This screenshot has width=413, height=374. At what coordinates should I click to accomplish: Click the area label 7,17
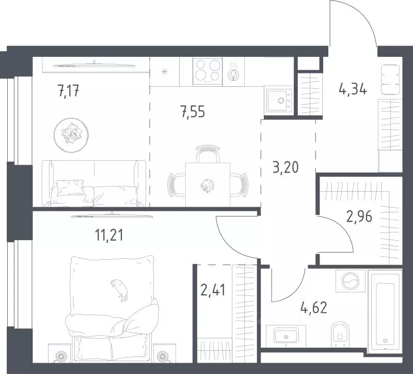point(68,91)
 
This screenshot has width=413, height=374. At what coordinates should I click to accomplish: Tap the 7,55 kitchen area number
point(193,112)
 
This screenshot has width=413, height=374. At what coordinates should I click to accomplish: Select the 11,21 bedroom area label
point(109,235)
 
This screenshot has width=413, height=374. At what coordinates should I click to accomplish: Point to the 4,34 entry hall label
point(353,89)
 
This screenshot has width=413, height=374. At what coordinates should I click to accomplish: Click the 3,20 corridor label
point(286,167)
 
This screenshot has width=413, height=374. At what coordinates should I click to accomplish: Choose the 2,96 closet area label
point(359,216)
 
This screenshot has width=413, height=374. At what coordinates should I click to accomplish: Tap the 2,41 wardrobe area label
point(213,290)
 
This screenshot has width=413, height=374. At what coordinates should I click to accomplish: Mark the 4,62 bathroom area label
point(314,307)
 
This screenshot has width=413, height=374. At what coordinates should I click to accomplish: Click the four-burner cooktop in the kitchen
point(208,72)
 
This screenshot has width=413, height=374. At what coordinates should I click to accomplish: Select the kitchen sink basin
point(279,101)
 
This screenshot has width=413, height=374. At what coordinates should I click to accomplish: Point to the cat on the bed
point(120,290)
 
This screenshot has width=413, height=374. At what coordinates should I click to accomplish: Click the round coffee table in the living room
point(71,135)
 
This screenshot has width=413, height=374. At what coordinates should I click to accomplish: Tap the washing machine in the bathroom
point(351,281)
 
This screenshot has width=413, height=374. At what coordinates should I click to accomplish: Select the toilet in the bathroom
point(340,333)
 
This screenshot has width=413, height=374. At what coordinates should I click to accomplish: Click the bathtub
point(385,312)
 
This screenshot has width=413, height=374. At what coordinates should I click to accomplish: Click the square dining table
point(208,184)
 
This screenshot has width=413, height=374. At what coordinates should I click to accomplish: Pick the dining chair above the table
point(208,153)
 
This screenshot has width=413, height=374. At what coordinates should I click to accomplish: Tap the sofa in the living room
point(93,183)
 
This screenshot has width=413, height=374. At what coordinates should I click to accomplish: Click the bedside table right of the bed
point(165,353)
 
